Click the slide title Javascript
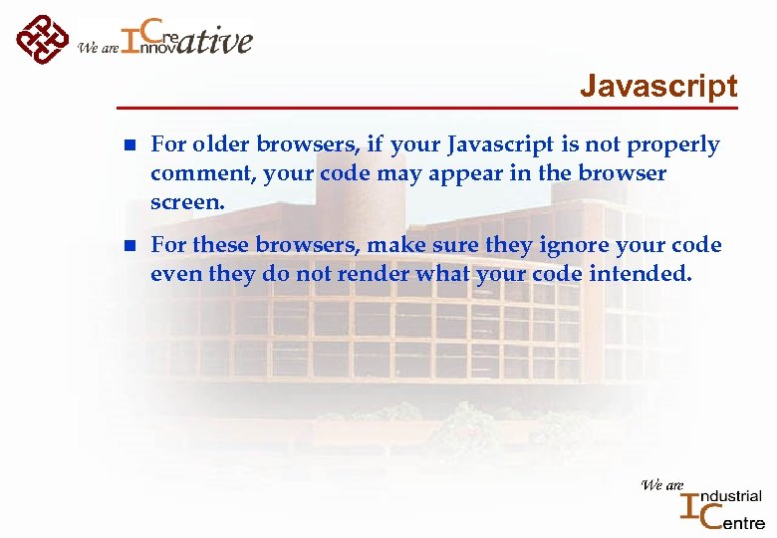point(658,86)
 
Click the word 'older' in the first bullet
point(225,145)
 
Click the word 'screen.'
point(188,201)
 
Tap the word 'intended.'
point(640,273)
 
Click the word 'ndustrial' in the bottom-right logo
point(732,495)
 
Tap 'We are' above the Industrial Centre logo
point(661,485)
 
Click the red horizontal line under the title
point(428,108)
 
